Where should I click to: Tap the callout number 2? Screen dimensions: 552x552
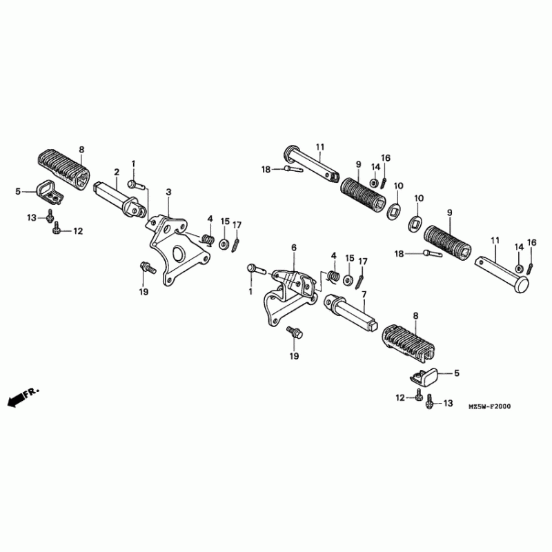tap(117, 172)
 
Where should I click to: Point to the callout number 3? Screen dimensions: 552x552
tap(168, 191)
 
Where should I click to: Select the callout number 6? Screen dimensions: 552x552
tap(293, 247)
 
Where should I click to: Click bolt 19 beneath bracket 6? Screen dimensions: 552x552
tap(295, 333)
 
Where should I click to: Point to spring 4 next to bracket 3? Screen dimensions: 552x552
tap(205, 239)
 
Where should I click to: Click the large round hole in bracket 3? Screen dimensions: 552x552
tap(178, 253)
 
